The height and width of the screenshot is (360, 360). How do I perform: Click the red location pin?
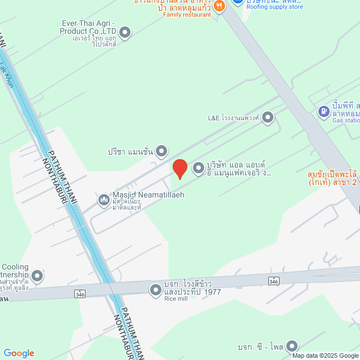[x=179, y=169]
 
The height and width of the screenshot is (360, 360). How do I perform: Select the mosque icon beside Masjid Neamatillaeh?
[x=104, y=200]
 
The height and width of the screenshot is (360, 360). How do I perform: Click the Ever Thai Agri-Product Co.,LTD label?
[x=88, y=27]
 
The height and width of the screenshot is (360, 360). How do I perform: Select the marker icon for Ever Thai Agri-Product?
[x=125, y=32]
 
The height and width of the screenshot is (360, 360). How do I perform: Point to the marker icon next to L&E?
[x=268, y=118]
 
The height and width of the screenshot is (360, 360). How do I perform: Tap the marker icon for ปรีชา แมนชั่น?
[x=162, y=151]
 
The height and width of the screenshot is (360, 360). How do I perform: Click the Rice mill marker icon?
[x=155, y=290]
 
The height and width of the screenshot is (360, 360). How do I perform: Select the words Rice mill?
[x=175, y=299]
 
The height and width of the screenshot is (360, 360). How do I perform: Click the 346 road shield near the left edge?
[x=79, y=293]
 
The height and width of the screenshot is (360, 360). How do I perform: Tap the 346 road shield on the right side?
[x=274, y=281]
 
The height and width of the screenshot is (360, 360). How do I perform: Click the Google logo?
[x=19, y=353]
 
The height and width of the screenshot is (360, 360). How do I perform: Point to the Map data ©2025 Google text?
[x=325, y=355]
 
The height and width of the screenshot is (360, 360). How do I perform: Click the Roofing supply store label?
[x=274, y=7]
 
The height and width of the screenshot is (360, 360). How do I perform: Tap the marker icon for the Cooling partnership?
[x=37, y=276]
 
